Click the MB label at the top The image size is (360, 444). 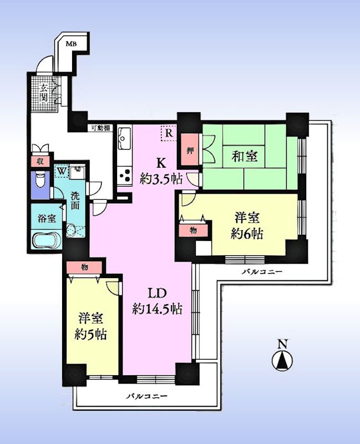pos(70,44)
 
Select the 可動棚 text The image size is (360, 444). pos(101,128)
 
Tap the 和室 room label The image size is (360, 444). pos(245,157)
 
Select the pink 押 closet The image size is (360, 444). pos(189,150)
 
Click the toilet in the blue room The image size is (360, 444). pos(40,182)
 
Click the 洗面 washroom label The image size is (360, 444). pos(75,201)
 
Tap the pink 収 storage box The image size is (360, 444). pos(40,162)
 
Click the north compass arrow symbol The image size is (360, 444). pos(282,361)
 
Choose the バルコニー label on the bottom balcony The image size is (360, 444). pos(146,396)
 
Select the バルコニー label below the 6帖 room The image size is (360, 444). pos(262,272)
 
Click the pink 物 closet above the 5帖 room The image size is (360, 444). pos(84,268)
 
